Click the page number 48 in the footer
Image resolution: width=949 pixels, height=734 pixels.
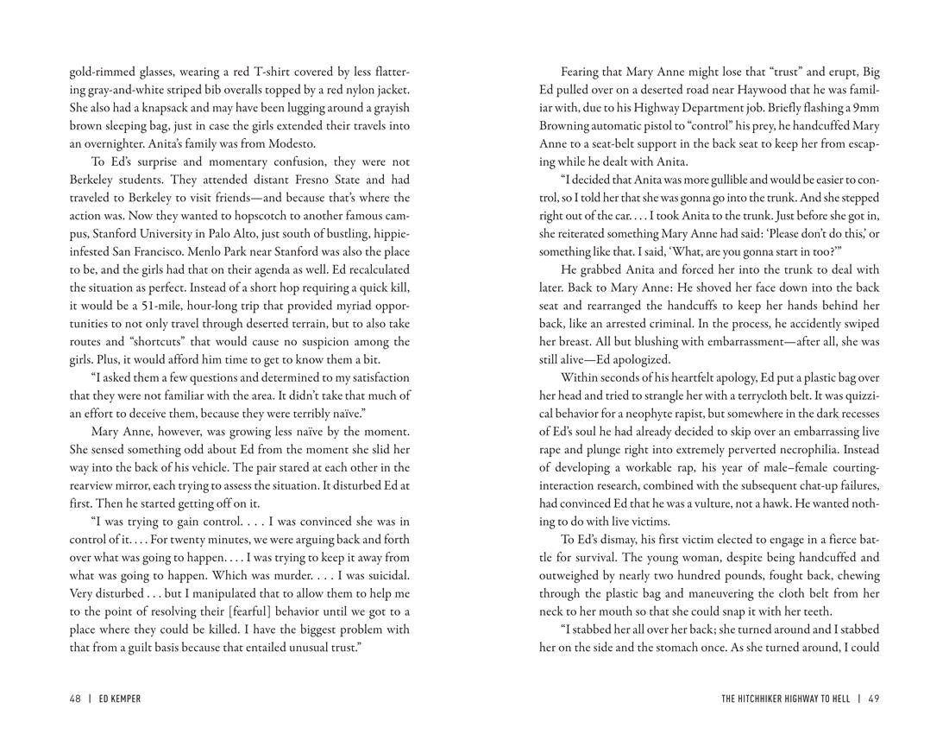[75, 699]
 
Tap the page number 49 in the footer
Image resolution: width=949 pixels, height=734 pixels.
[874, 699]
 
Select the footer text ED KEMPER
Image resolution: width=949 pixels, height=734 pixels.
[120, 699]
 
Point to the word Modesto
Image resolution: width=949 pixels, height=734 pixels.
[292, 144]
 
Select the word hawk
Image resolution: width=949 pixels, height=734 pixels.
[815, 503]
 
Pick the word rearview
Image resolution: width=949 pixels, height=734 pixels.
[94, 485]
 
